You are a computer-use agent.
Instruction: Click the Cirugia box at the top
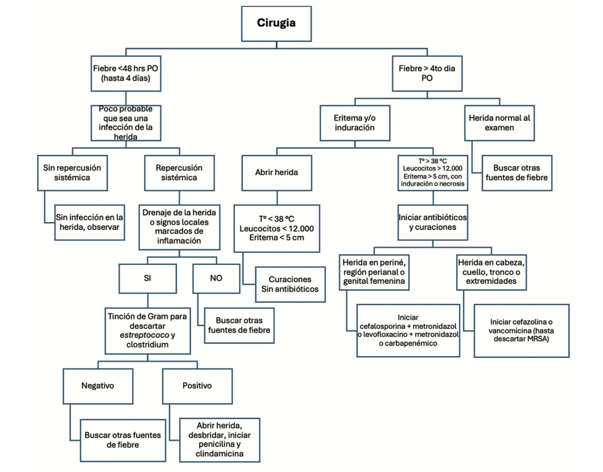click(276, 24)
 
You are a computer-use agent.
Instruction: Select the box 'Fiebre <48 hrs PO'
click(126, 73)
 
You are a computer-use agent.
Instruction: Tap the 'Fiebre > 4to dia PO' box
click(427, 73)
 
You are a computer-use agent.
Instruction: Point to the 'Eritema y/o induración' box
click(355, 123)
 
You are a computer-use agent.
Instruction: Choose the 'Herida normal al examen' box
click(499, 123)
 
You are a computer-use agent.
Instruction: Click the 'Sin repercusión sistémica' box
click(72, 173)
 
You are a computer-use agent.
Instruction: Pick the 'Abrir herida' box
click(276, 173)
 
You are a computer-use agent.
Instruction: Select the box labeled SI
click(148, 278)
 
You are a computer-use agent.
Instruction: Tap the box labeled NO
click(216, 278)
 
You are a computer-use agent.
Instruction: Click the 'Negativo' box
click(98, 386)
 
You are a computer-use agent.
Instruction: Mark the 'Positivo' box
click(197, 386)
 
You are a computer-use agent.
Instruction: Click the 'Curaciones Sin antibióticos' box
click(290, 284)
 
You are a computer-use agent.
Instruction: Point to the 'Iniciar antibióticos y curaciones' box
click(433, 222)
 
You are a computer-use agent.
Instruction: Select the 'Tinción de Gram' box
click(148, 330)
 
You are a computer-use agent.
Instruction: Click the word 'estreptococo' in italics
click(144, 335)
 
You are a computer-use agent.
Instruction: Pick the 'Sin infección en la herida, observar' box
click(89, 222)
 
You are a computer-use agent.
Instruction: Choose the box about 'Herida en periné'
click(374, 272)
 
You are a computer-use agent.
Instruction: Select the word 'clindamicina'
click(219, 453)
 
